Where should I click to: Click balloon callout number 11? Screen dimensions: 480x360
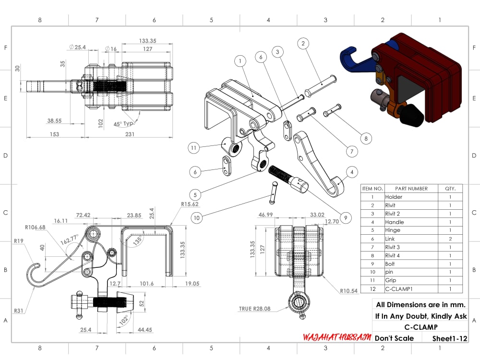[193, 148]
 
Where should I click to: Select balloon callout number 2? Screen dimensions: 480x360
[303, 43]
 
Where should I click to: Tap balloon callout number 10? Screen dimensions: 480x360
[196, 218]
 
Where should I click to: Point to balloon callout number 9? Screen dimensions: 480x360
[346, 217]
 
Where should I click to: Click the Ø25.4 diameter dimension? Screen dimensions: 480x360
[77, 47]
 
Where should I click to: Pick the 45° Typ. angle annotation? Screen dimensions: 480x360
[124, 124]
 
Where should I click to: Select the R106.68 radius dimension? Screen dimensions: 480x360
[35, 227]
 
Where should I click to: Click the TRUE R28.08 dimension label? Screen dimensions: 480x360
[255, 309]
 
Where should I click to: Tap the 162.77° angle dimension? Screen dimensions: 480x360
[70, 240]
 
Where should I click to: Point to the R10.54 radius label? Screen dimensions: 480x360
[348, 291]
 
